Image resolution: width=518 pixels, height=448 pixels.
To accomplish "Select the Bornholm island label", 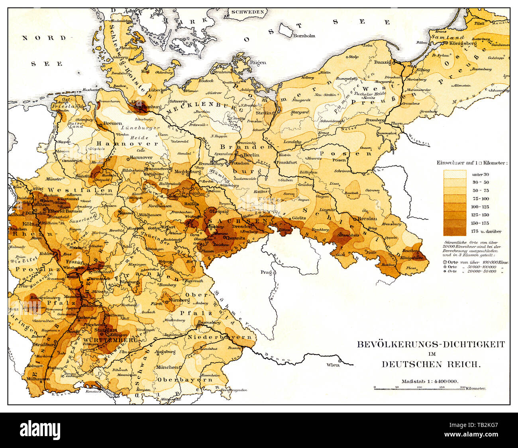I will pyautogui.click(x=304, y=36).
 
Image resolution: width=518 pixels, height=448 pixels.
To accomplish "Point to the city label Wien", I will pyautogui.click(x=333, y=365).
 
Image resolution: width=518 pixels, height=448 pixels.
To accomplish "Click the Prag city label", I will pyautogui.click(x=267, y=273).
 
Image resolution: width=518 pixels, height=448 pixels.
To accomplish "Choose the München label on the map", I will pyautogui.click(x=167, y=367).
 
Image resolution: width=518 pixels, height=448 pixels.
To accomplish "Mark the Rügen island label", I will pyautogui.click(x=257, y=62).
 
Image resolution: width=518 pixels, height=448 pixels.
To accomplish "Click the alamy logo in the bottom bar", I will pyautogui.click(x=40, y=430).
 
